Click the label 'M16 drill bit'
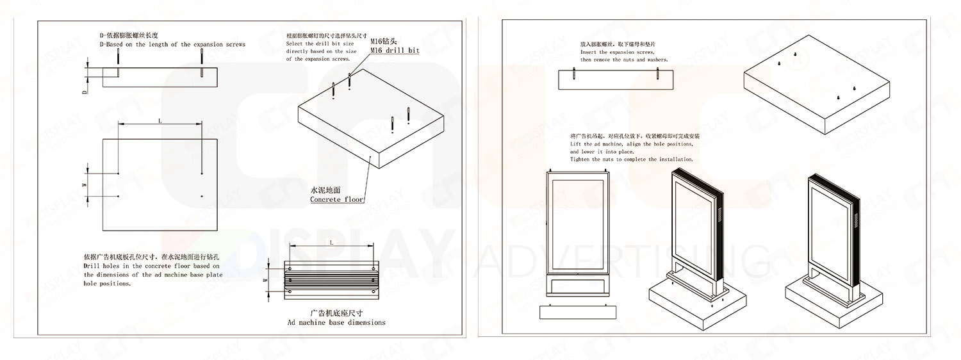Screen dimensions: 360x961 394,50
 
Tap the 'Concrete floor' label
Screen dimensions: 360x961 337,199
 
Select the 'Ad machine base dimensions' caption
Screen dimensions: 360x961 336,322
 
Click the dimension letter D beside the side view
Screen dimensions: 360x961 84,92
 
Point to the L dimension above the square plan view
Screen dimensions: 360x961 160,120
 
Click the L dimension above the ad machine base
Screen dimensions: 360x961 331,243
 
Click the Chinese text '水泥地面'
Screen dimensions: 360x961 326,190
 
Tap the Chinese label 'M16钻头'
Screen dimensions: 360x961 384,41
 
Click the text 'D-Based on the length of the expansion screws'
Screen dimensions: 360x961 172,44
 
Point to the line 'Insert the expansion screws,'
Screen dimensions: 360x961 617,51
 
